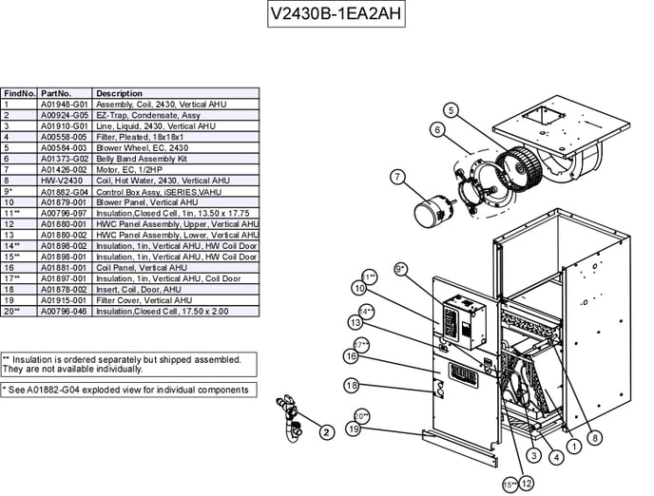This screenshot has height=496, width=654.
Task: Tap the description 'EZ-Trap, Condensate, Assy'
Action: (x=147, y=114)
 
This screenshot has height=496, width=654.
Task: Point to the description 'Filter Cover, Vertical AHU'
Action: (x=144, y=299)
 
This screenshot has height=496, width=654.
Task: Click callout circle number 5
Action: (x=451, y=110)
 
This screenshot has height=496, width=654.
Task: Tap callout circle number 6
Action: (x=437, y=129)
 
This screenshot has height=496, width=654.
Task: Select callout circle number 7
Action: (x=398, y=176)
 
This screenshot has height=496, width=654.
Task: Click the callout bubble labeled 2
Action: (x=326, y=432)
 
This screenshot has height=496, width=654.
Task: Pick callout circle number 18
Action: (x=352, y=386)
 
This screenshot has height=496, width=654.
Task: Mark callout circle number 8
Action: (x=594, y=438)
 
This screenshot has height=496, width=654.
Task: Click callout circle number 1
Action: (x=574, y=445)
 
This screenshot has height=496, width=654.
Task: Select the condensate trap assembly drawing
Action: (x=289, y=415)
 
